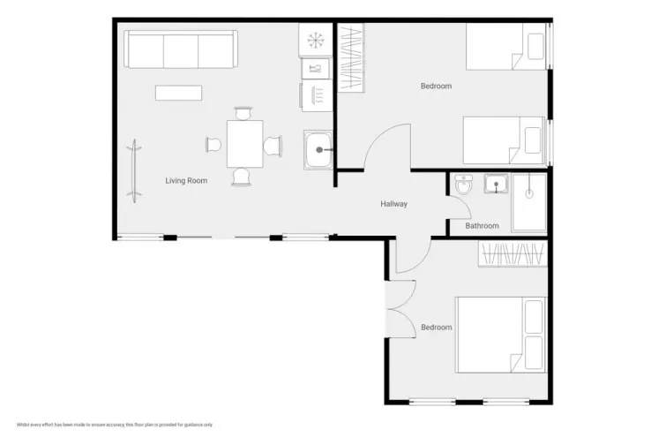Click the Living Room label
coord(186,181)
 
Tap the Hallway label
coord(393,204)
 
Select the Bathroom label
coord(482,226)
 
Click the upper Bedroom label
coord(436,86)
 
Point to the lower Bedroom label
coord(436,328)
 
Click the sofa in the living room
coord(181,49)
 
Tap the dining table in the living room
coord(244,144)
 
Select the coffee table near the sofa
coord(179,93)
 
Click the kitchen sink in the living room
coord(318,150)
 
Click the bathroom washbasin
coord(497,185)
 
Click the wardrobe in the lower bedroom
coord(513,253)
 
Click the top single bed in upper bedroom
coord(505,46)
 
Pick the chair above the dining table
coord(243,113)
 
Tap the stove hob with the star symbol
coord(315,39)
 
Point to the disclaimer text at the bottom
coord(116,425)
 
